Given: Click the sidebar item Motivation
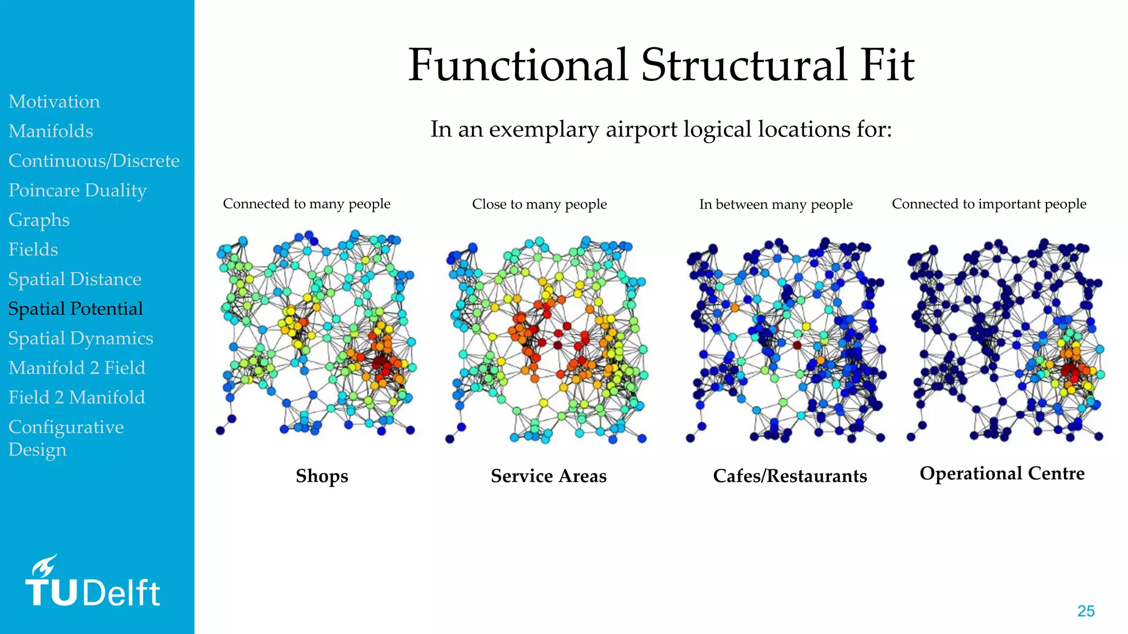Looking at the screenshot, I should pyautogui.click(x=54, y=102).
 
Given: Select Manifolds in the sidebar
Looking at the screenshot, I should pyautogui.click(x=51, y=132).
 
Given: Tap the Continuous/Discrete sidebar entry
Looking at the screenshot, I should pyautogui.click(x=94, y=161).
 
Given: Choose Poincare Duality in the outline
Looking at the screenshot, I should pyautogui.click(x=77, y=190).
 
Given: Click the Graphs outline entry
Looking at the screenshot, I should pyautogui.click(x=39, y=220).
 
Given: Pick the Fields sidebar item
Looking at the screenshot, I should pyautogui.click(x=33, y=250).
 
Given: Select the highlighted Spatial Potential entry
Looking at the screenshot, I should pyautogui.click(x=75, y=309).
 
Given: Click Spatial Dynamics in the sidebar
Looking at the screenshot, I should pyautogui.click(x=80, y=338).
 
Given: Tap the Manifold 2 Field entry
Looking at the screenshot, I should pyautogui.click(x=77, y=368).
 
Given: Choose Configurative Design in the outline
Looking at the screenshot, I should pyautogui.click(x=66, y=438).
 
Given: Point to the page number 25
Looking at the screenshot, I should pyautogui.click(x=1086, y=611).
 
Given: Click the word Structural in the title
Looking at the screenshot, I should pyautogui.click(x=744, y=65).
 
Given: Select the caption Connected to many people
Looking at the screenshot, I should pyautogui.click(x=306, y=204).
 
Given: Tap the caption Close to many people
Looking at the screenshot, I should pyautogui.click(x=539, y=204).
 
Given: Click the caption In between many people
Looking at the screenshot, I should pyautogui.click(x=775, y=205).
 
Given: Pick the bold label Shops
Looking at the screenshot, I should pyautogui.click(x=322, y=476).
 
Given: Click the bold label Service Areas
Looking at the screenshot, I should pyautogui.click(x=549, y=476).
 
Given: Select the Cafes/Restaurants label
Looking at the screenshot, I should pyautogui.click(x=790, y=476).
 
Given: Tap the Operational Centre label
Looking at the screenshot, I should pyautogui.click(x=1002, y=474).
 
